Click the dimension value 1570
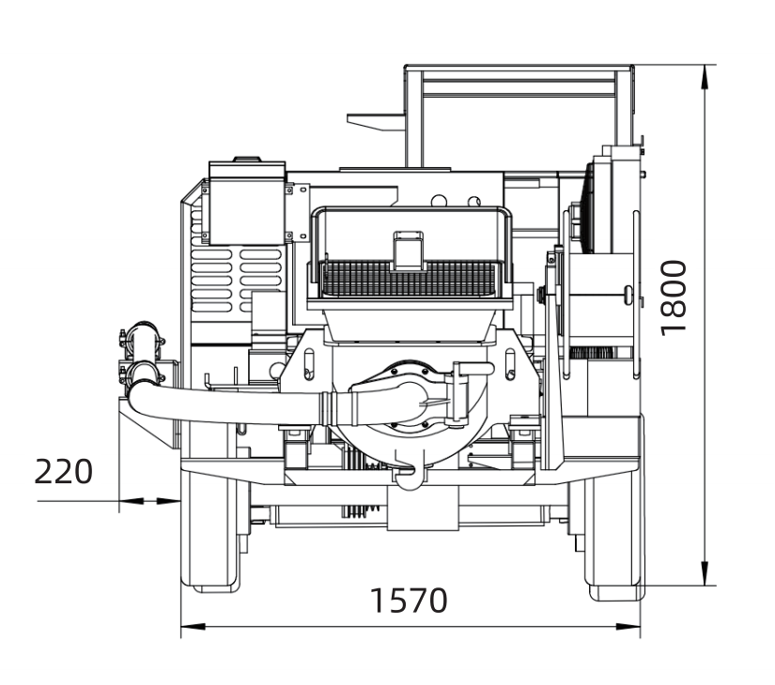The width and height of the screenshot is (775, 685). [x=409, y=600]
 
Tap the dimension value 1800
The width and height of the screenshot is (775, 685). [x=674, y=298]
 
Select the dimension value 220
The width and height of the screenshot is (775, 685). [x=63, y=472]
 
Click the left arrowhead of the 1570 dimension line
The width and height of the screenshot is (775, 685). [x=193, y=627]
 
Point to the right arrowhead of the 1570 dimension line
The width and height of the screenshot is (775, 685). [x=628, y=627]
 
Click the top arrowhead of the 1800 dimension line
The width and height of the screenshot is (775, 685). [x=705, y=77]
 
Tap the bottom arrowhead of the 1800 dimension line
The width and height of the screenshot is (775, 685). [x=705, y=573]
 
